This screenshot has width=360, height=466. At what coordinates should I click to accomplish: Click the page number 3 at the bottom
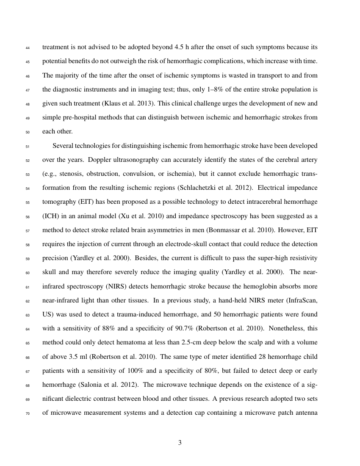coord(180,443)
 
